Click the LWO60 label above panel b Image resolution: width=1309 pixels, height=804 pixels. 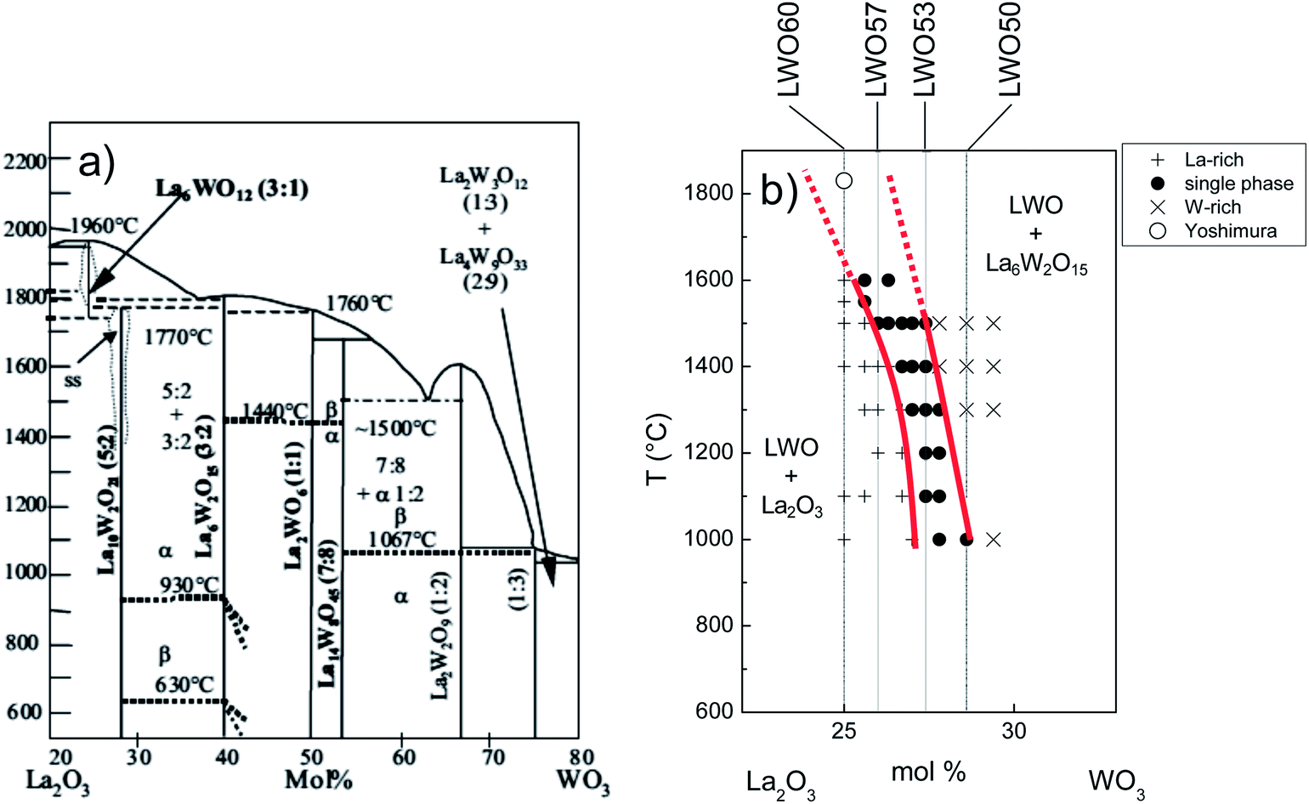coord(789,48)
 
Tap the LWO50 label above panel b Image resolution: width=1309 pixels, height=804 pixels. coord(1009,48)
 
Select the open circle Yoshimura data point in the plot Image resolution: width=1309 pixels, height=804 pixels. coord(844,180)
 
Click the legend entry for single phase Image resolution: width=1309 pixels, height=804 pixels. coord(1238,184)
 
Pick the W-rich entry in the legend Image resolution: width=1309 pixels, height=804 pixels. coord(1212,207)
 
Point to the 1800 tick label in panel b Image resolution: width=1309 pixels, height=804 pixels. coord(708,194)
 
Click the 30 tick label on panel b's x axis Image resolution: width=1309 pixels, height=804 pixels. coord(1013,731)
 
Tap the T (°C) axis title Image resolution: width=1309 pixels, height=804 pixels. coord(658,449)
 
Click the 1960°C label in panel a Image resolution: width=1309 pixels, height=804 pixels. coord(105,226)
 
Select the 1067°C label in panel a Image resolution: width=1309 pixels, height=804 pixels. coord(402,539)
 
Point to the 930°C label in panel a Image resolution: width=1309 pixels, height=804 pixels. coord(190,586)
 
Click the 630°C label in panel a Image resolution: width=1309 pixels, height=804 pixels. coord(184,685)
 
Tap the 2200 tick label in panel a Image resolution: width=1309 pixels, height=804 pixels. coord(25,160)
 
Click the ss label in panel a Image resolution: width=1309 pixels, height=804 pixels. coord(73,380)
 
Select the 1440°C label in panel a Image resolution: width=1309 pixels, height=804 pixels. coord(274,412)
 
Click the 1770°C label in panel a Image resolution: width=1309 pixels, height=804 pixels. coord(178,337)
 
